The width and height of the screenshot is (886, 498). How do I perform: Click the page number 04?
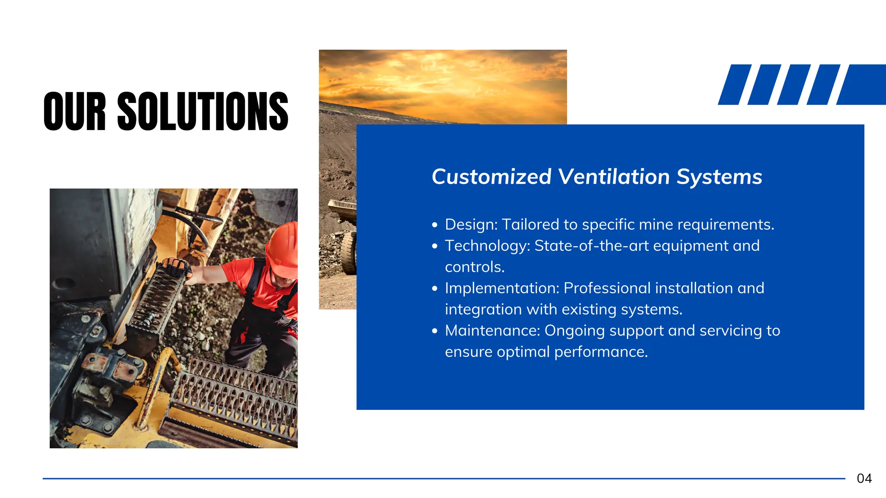864,478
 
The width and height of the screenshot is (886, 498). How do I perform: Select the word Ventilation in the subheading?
614,177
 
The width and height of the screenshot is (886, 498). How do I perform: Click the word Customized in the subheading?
491,177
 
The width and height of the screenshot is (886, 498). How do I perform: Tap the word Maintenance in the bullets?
492,331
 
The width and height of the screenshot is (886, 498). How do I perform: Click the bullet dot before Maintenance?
435,331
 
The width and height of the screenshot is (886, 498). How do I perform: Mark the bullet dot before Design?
435,225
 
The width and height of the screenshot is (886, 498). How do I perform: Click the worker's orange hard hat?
283,248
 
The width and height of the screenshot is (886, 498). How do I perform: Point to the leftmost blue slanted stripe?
734,85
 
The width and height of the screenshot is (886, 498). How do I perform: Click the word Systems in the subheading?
719,177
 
